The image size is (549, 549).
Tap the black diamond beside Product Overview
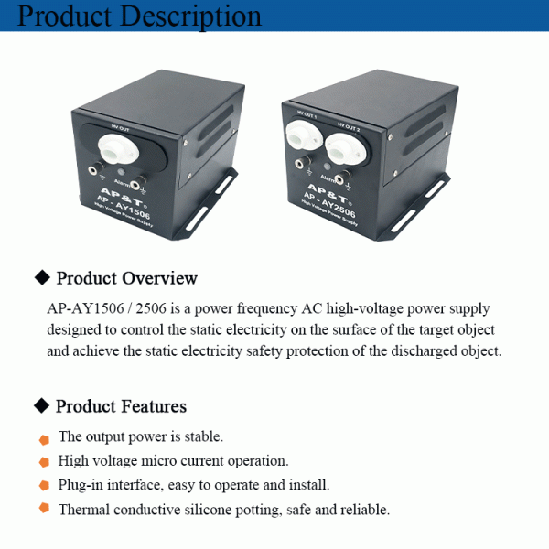pyautogui.click(x=40, y=277)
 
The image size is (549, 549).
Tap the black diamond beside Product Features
pyautogui.click(x=40, y=405)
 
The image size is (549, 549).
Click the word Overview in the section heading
pyautogui.click(x=160, y=278)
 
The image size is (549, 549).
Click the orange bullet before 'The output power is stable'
pyautogui.click(x=43, y=439)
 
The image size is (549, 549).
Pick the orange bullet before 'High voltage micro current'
pyautogui.click(x=43, y=463)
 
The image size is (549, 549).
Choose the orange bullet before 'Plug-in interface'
pyautogui.click(x=43, y=486)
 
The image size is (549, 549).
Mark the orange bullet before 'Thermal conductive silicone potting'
pyautogui.click(x=43, y=510)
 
